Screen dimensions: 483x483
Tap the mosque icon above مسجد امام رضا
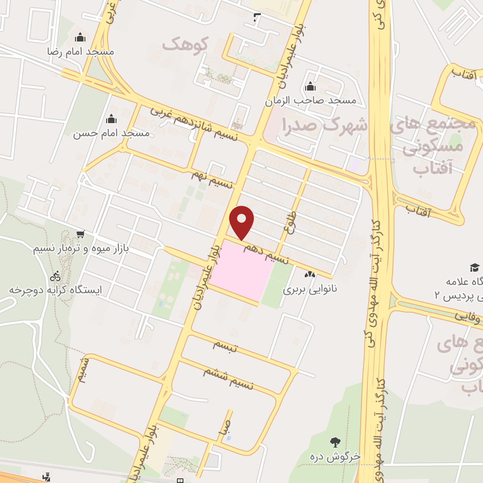[x=81, y=37]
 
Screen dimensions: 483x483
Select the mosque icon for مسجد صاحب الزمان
[x=310, y=87]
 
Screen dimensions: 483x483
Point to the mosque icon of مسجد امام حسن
[x=111, y=119]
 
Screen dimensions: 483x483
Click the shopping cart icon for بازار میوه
[x=81, y=234]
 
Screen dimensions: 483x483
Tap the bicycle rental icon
[x=56, y=275]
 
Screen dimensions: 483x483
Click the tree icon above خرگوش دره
[x=335, y=442]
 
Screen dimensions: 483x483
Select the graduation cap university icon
[x=474, y=267]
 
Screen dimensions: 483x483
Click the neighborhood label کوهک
[x=185, y=44]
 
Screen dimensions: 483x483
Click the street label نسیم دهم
[x=266, y=253]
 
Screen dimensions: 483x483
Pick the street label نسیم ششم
[x=228, y=378]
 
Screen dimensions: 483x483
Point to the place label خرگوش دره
[x=335, y=457]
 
